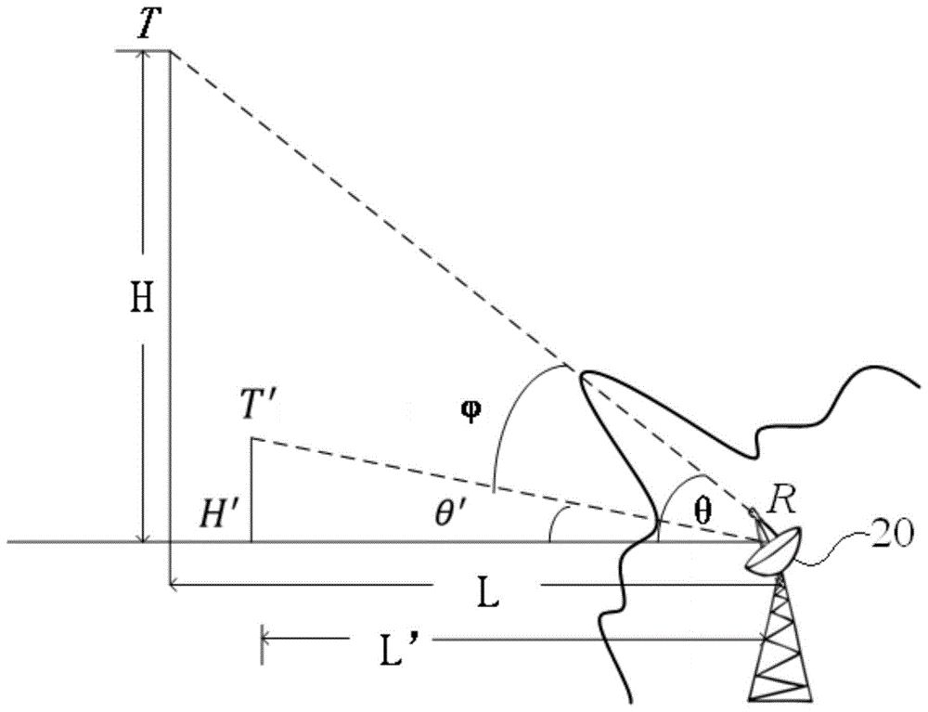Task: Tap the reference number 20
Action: click(894, 536)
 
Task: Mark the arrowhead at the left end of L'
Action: click(265, 637)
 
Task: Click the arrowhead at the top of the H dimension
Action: click(145, 56)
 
